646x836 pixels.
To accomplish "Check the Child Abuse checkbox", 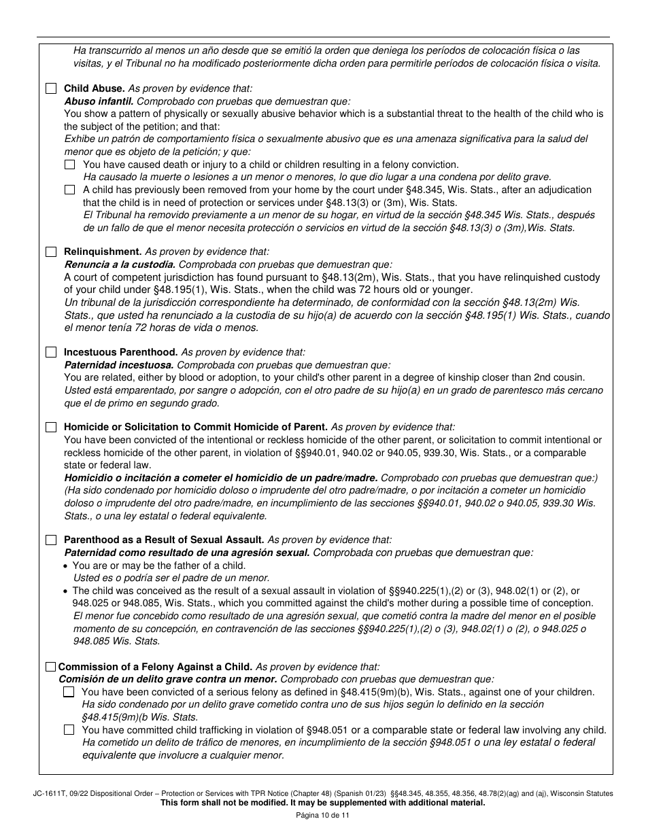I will pos(51,88).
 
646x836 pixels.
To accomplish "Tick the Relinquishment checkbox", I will pos(51,252).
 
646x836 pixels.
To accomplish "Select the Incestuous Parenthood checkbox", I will pos(51,353).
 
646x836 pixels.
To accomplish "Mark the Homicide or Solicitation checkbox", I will pos(51,428).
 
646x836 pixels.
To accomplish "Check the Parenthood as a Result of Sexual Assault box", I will pos(51,540).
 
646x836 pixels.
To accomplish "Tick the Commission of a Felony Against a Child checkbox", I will pos(51,667).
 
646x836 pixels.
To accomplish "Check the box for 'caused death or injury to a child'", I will pos(70,164).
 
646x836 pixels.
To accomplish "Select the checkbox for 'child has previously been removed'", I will pos(70,190).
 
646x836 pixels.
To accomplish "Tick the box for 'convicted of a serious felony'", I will pos(69,693).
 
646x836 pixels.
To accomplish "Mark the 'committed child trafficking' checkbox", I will pos(69,731).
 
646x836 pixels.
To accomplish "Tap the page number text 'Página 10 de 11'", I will pos(323,816).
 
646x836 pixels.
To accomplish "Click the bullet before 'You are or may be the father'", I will pos(65,566).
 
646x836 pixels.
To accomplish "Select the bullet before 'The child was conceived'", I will pos(65,591).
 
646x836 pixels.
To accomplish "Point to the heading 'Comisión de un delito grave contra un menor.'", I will pos(168,679).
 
